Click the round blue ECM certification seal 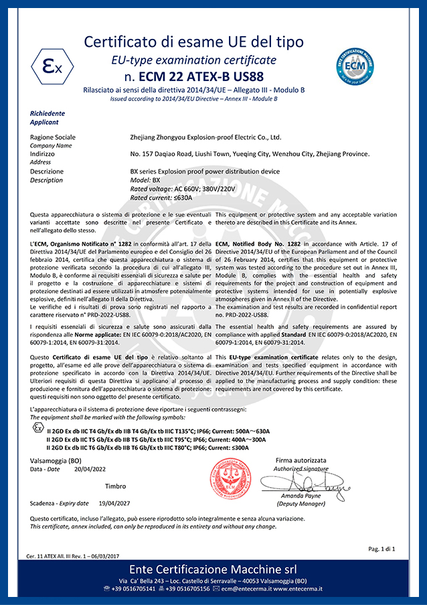pos(354,66)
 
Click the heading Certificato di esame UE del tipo pos(193,42)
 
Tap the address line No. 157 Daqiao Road pos(250,153)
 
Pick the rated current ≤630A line pos(161,198)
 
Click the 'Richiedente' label pos(48,114)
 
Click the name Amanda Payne pos(301,496)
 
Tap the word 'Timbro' pos(115,486)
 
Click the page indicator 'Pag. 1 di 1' pos(382,549)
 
